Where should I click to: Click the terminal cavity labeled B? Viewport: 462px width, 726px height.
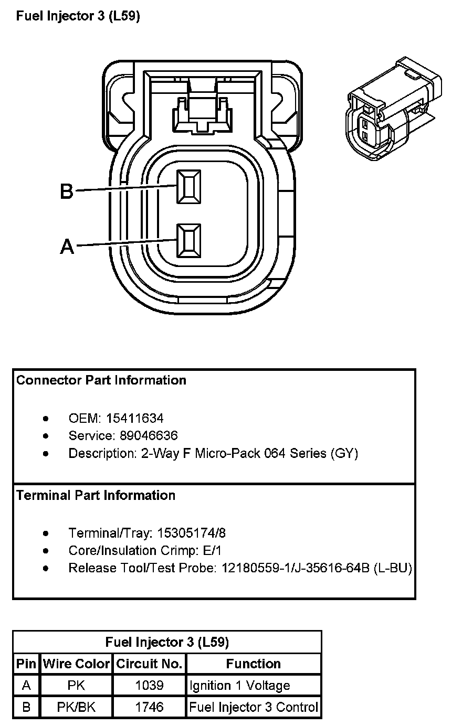[188, 187]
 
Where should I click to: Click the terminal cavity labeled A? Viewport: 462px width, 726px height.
[188, 241]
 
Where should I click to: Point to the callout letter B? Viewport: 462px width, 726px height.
[67, 191]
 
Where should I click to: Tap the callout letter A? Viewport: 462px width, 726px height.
[67, 246]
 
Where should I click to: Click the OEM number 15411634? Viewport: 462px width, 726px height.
[135, 418]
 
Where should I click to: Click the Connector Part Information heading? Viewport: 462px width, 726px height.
[101, 380]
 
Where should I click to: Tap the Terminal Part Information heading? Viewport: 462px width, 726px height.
[96, 495]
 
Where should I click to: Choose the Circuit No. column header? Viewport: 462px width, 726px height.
[149, 664]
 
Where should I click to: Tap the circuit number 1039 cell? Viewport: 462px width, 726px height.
[149, 685]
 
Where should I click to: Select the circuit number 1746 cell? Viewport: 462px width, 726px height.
[149, 707]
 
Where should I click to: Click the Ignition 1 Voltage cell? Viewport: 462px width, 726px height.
[240, 685]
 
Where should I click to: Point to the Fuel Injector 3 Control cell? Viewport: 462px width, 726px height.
[254, 707]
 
